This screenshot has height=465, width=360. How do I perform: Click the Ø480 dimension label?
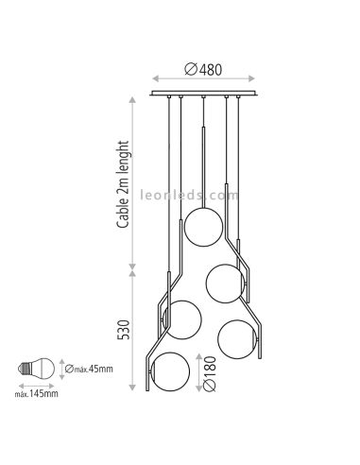(203, 69)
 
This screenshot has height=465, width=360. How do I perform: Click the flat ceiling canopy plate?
(203, 94)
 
